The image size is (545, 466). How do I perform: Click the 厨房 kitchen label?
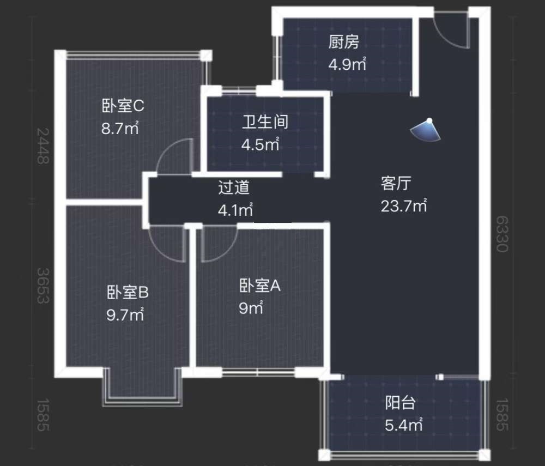pos(344,42)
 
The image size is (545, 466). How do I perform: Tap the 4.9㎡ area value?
pos(347,65)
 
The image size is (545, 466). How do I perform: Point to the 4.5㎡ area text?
pos(261,145)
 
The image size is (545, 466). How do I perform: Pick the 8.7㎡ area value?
pos(119,129)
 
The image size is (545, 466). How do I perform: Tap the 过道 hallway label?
pos(234,187)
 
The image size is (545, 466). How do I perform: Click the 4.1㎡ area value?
pos(235,210)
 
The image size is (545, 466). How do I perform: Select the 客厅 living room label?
pos(395,184)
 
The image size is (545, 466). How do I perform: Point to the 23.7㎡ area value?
pos(403,207)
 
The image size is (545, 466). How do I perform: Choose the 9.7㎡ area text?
pos(125,315)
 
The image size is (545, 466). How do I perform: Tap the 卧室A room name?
pos(260,285)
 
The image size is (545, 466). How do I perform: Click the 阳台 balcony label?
pos(401,403)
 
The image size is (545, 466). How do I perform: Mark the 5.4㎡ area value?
pos(404,425)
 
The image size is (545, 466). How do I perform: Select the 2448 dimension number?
pos(43,146)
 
